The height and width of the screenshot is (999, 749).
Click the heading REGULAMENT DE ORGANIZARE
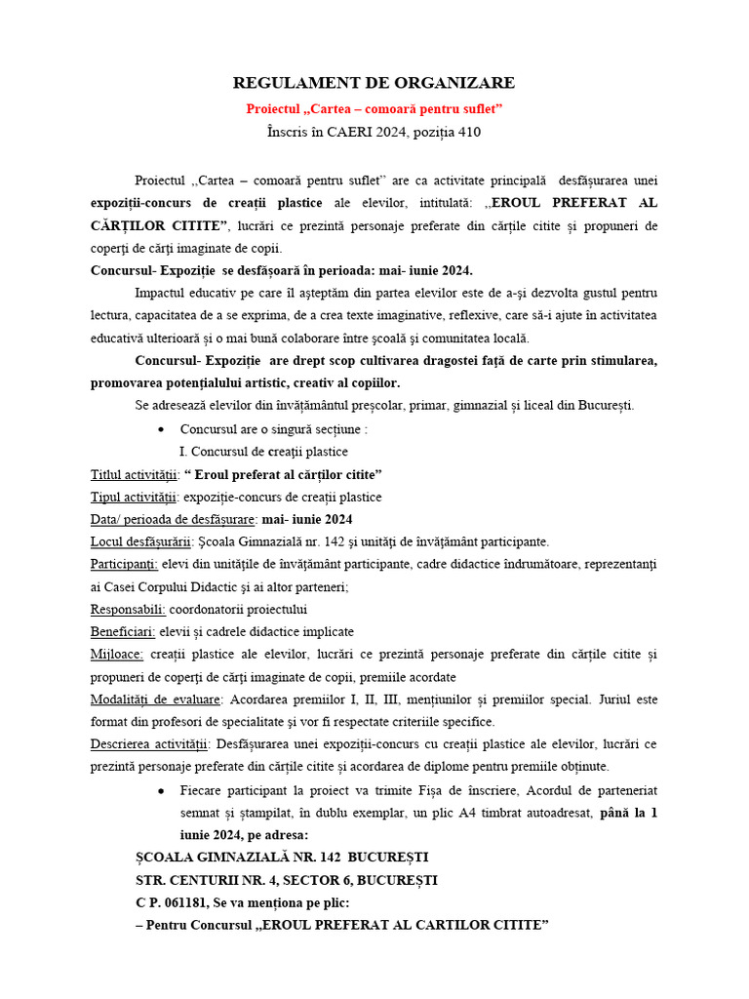point(374,83)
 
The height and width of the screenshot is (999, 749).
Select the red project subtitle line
point(374,108)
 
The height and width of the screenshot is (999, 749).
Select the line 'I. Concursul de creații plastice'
point(263,452)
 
